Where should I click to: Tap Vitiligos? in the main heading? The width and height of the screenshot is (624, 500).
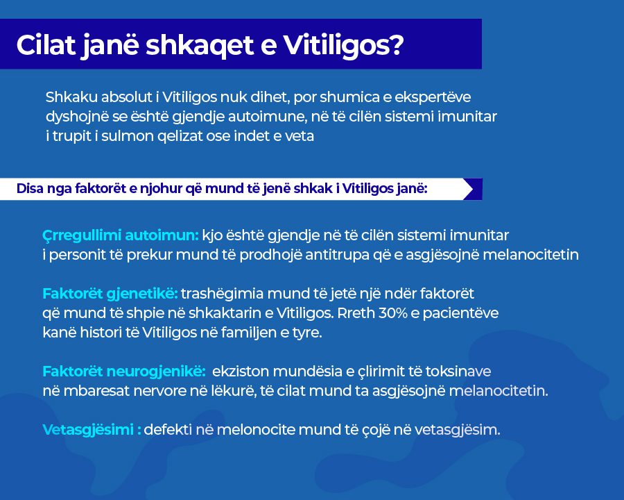[343, 45]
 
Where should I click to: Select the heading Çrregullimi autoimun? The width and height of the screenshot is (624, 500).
[120, 235]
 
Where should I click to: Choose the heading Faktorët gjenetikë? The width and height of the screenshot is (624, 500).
[110, 294]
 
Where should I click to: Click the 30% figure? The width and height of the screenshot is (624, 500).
[393, 313]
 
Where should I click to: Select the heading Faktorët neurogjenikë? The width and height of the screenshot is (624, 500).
[124, 372]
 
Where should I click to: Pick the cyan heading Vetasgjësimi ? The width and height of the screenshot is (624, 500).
[92, 430]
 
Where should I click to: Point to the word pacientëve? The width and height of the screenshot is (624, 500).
[460, 313]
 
